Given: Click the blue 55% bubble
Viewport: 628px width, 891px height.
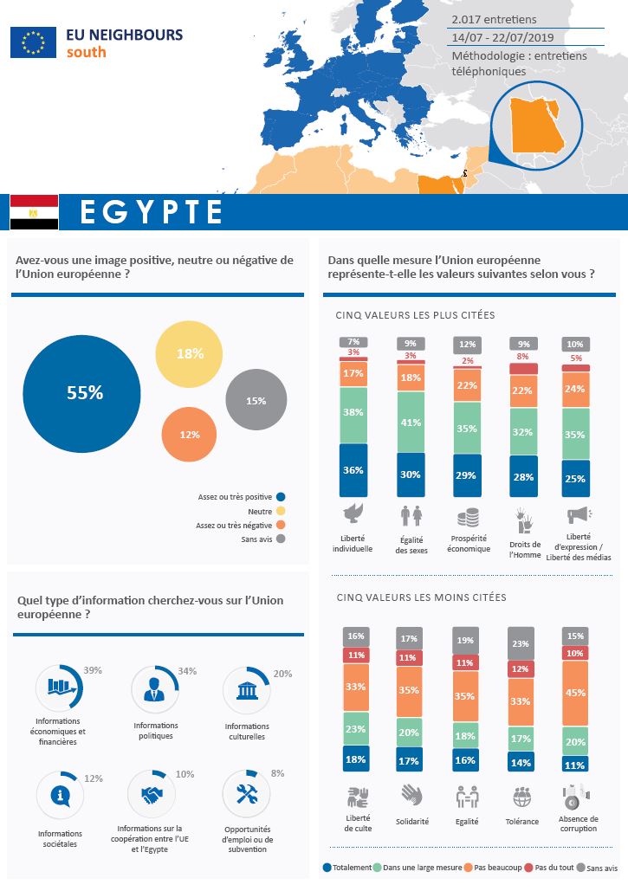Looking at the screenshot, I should [x=82, y=393].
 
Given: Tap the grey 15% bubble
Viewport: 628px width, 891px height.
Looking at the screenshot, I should [x=256, y=401].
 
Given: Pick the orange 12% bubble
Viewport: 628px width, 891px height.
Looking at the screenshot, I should [x=191, y=434].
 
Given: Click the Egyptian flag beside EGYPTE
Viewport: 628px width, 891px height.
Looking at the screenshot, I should [x=34, y=212].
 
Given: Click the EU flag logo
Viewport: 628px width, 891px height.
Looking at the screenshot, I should [x=33, y=42].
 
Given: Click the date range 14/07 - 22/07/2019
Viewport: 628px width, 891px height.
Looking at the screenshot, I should [x=503, y=37].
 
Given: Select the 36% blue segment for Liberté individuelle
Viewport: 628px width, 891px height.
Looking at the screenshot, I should [x=353, y=470].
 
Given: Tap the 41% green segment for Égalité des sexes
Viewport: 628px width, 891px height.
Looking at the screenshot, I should [x=411, y=423].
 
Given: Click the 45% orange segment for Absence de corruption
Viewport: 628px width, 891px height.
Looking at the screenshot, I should [x=574, y=692].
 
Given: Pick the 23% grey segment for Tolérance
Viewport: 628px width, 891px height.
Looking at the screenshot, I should [x=521, y=644].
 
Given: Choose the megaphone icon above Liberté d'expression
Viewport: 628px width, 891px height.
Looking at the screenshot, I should [x=578, y=517].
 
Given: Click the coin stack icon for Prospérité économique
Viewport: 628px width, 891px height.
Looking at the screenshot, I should [x=468, y=518].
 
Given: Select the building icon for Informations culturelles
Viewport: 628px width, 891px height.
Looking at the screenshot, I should [x=247, y=691].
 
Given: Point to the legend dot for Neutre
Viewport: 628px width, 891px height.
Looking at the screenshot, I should [x=281, y=511].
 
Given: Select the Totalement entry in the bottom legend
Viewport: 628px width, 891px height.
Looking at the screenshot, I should [x=346, y=867].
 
